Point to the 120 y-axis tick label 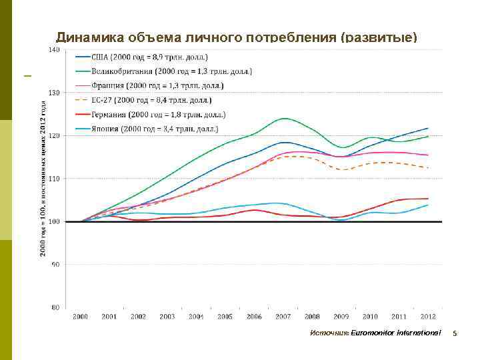point(55,135)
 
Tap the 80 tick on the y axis point(56,307)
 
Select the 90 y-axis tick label point(56,265)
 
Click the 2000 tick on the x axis point(80,316)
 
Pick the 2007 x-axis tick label point(283,316)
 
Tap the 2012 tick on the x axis point(427,316)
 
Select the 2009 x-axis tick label point(341,316)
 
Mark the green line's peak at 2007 point(284,119)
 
